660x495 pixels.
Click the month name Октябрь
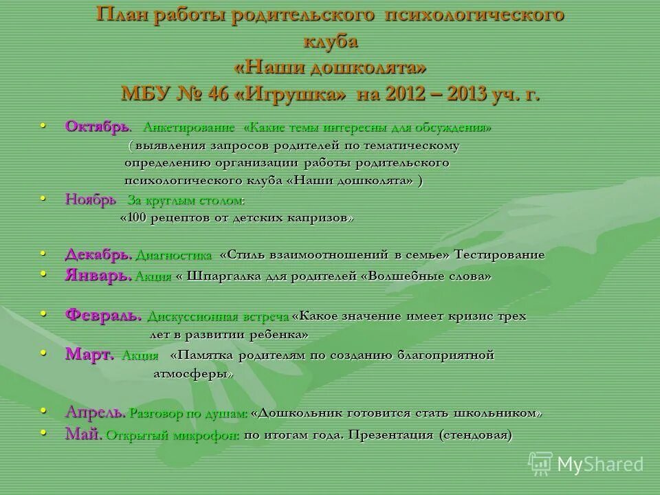pyautogui.click(x=97, y=127)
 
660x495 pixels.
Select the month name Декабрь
pyautogui.click(x=98, y=254)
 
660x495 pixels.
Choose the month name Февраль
pyautogui.click(x=104, y=316)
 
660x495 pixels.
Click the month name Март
pyautogui.click(x=89, y=355)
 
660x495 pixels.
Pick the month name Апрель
pyautogui.click(x=95, y=412)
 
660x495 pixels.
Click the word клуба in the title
pyautogui.click(x=330, y=41)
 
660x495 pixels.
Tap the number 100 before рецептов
pyautogui.click(x=137, y=218)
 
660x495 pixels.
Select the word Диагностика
pyautogui.click(x=174, y=256)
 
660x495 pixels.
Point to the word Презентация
pyautogui.click(x=390, y=435)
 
